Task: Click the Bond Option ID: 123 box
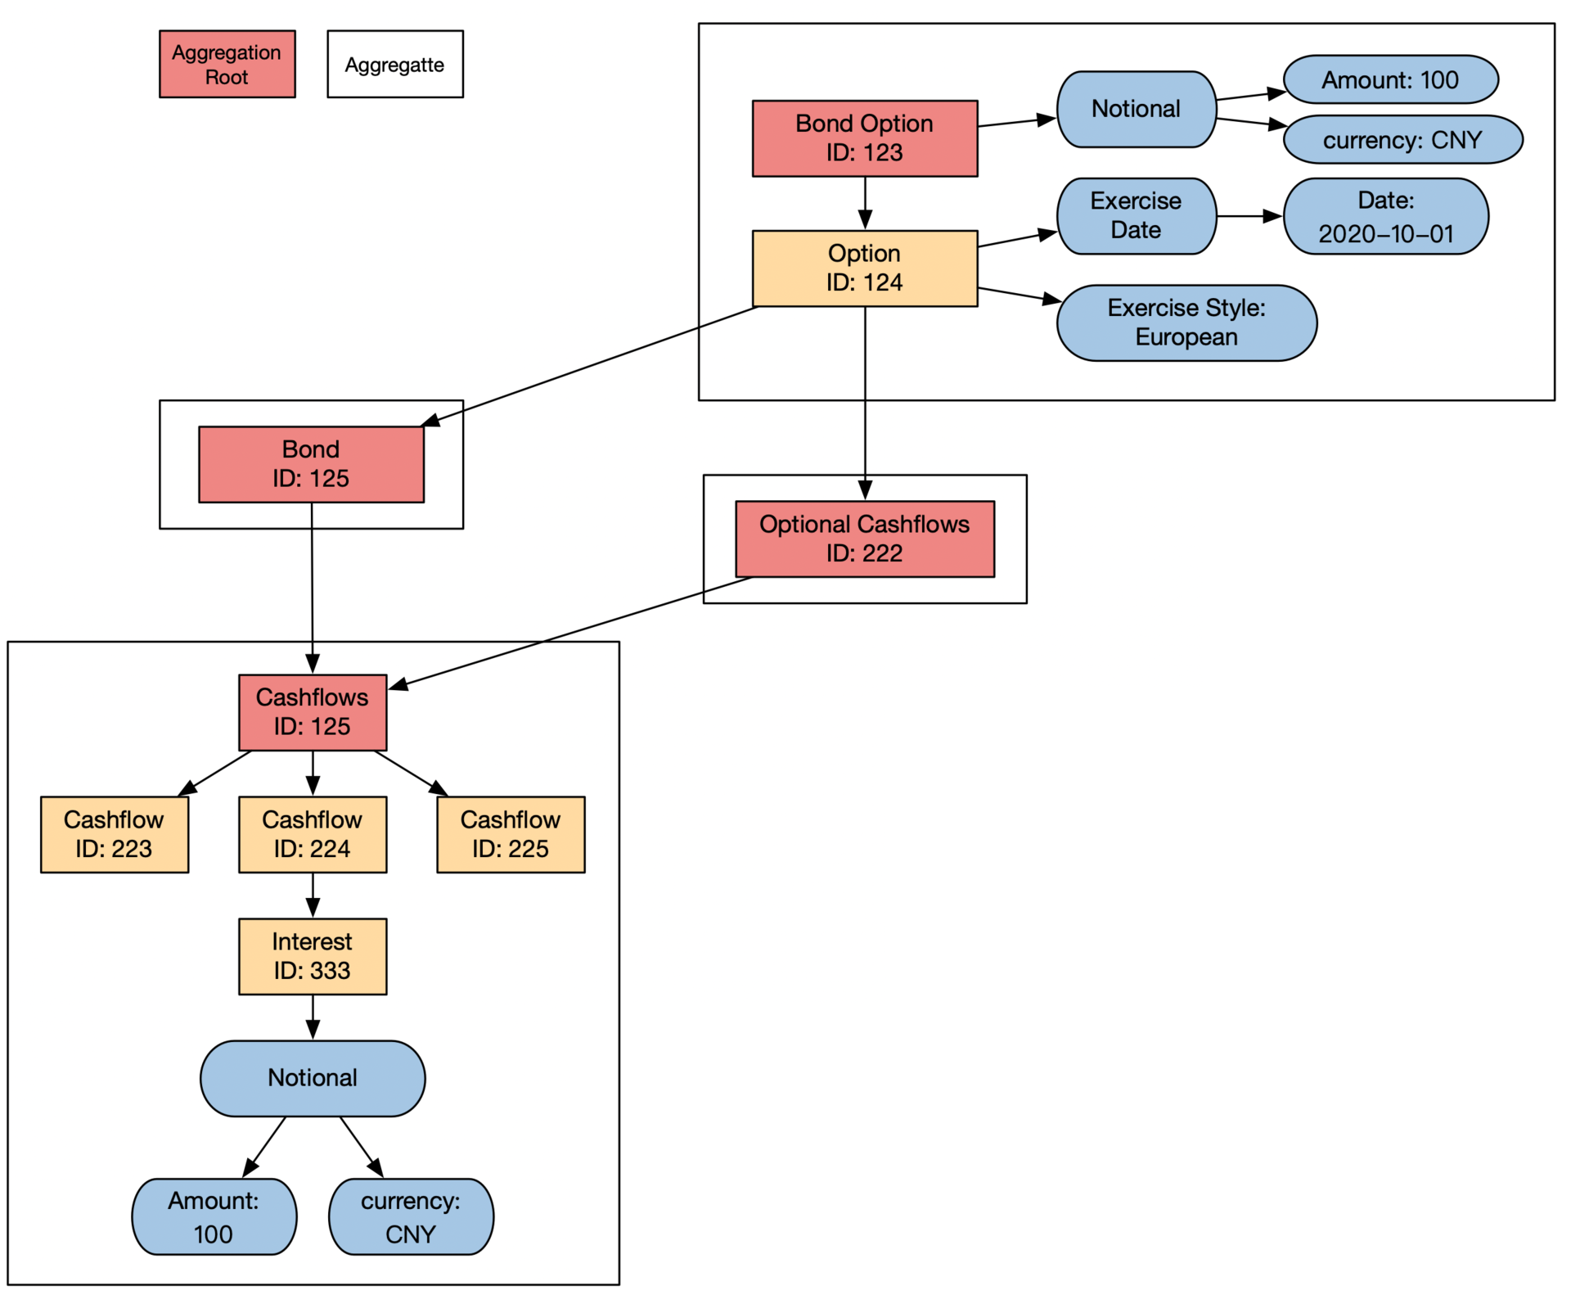tap(864, 138)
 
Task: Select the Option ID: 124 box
tap(864, 268)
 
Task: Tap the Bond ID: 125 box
tap(311, 464)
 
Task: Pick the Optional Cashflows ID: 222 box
tap(864, 539)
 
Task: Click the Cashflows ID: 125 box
tap(313, 712)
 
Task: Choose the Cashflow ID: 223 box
tap(115, 834)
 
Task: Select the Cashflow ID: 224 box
tap(313, 834)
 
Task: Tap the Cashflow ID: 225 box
tap(511, 834)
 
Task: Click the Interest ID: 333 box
tap(313, 956)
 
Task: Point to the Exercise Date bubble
tap(1136, 216)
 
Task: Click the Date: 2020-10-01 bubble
tap(1385, 216)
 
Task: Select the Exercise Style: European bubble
tap(1186, 322)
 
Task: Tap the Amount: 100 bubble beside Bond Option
tap(1390, 79)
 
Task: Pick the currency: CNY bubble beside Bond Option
tap(1402, 139)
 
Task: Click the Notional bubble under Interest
tap(313, 1078)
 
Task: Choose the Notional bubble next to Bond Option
tap(1136, 109)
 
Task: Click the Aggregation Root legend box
tap(227, 65)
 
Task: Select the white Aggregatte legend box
tap(394, 65)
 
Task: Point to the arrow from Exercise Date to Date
tap(1249, 216)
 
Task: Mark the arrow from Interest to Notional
tap(313, 1017)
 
